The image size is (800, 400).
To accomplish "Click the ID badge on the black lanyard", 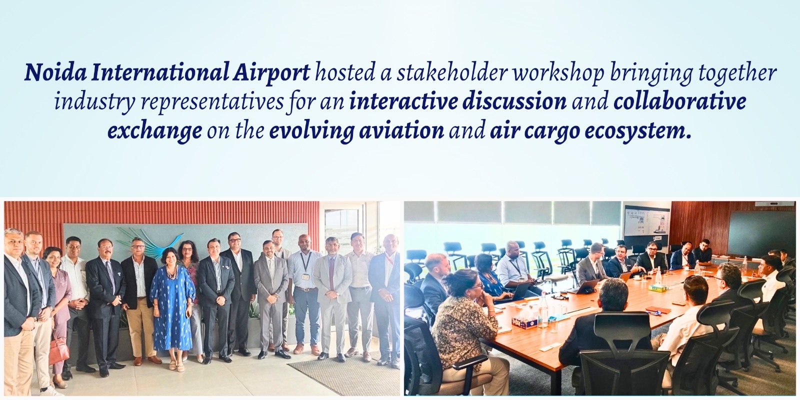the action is point(305,276).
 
